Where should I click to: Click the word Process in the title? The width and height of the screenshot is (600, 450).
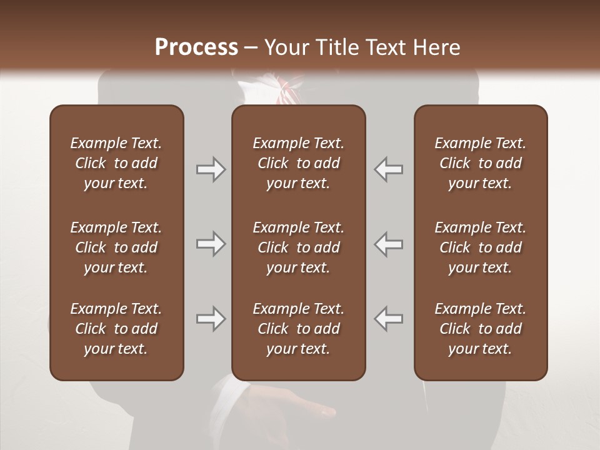pyautogui.click(x=196, y=47)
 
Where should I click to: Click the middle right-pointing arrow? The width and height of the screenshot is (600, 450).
pyautogui.click(x=211, y=244)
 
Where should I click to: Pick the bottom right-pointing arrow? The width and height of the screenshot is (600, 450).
pyautogui.click(x=211, y=319)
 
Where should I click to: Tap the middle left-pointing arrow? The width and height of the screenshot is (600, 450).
pyautogui.click(x=389, y=244)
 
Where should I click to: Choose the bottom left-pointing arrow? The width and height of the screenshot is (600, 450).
pyautogui.click(x=389, y=319)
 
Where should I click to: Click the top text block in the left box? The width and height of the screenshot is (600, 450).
pyautogui.click(x=116, y=163)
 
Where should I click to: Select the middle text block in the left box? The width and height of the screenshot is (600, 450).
pyautogui.click(x=116, y=247)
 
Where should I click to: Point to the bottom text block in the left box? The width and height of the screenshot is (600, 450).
pyautogui.click(x=116, y=329)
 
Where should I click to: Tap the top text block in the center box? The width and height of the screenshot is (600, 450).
pyautogui.click(x=298, y=163)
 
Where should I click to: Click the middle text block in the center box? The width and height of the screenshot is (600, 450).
pyautogui.click(x=298, y=247)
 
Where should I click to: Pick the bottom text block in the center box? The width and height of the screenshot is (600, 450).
pyautogui.click(x=298, y=329)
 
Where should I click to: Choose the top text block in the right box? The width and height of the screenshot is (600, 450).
pyautogui.click(x=481, y=163)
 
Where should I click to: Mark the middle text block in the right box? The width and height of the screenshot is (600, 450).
pyautogui.click(x=481, y=247)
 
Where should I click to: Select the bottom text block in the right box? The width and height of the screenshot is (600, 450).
pyautogui.click(x=481, y=329)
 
